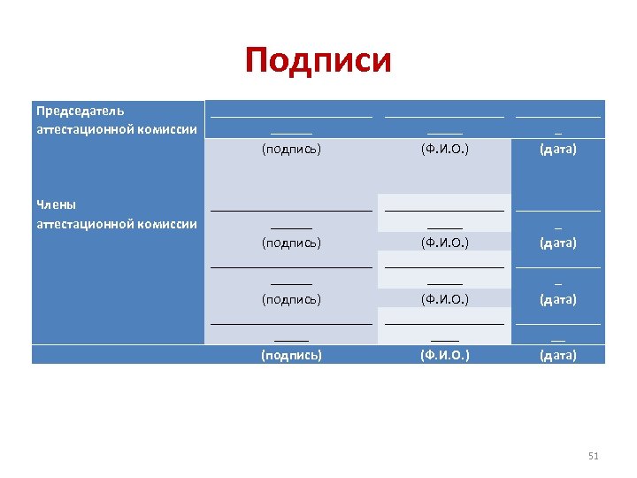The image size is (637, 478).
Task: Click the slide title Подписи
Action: pyautogui.click(x=318, y=61)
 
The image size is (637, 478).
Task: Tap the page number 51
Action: pyautogui.click(x=593, y=456)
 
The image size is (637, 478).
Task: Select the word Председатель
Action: pyautogui.click(x=80, y=112)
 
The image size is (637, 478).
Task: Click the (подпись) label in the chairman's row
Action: pyautogui.click(x=291, y=149)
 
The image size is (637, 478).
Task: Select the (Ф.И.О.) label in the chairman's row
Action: pyautogui.click(x=444, y=149)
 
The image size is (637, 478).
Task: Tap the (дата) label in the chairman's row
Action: pyautogui.click(x=558, y=149)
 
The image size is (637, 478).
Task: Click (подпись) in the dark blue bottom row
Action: pyautogui.click(x=291, y=355)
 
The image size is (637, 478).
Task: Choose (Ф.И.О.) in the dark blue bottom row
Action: pyautogui.click(x=444, y=355)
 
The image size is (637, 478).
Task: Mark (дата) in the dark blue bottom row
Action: pyautogui.click(x=558, y=355)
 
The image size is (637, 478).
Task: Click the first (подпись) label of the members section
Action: pyautogui.click(x=291, y=242)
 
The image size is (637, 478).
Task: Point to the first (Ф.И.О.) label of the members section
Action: pyautogui.click(x=444, y=242)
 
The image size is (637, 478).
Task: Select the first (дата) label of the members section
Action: pyautogui.click(x=558, y=242)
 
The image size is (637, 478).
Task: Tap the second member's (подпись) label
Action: pyautogui.click(x=291, y=299)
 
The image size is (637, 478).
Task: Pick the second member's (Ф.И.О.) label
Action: pyautogui.click(x=444, y=299)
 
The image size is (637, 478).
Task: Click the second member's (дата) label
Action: pyautogui.click(x=558, y=299)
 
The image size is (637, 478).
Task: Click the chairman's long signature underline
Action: pyautogui.click(x=291, y=116)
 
